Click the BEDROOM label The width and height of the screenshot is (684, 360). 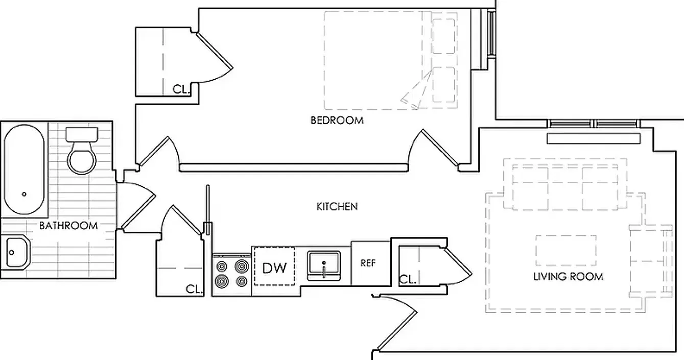point(337,121)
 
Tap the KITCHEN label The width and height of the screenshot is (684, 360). point(337,207)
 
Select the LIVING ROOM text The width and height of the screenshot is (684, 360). point(568,277)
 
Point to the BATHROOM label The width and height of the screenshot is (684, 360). point(68,226)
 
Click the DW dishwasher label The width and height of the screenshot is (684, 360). point(274,268)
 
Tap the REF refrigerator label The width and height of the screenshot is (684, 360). point(368,263)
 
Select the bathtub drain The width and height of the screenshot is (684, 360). point(24,194)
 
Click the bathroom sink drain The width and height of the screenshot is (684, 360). point(12,253)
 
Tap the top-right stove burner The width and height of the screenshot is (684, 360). point(241,267)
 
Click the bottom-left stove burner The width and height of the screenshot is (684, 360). point(222,281)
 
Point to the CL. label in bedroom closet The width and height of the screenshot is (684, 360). point(181,89)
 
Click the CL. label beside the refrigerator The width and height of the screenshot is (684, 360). point(408,279)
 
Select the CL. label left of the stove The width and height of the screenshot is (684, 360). point(194,289)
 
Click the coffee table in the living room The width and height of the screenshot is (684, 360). point(566,250)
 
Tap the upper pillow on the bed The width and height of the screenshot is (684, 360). point(444,36)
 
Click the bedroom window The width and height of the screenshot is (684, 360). point(491,34)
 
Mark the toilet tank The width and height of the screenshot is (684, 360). point(82,135)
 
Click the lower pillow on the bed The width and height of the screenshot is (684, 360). point(444,85)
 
